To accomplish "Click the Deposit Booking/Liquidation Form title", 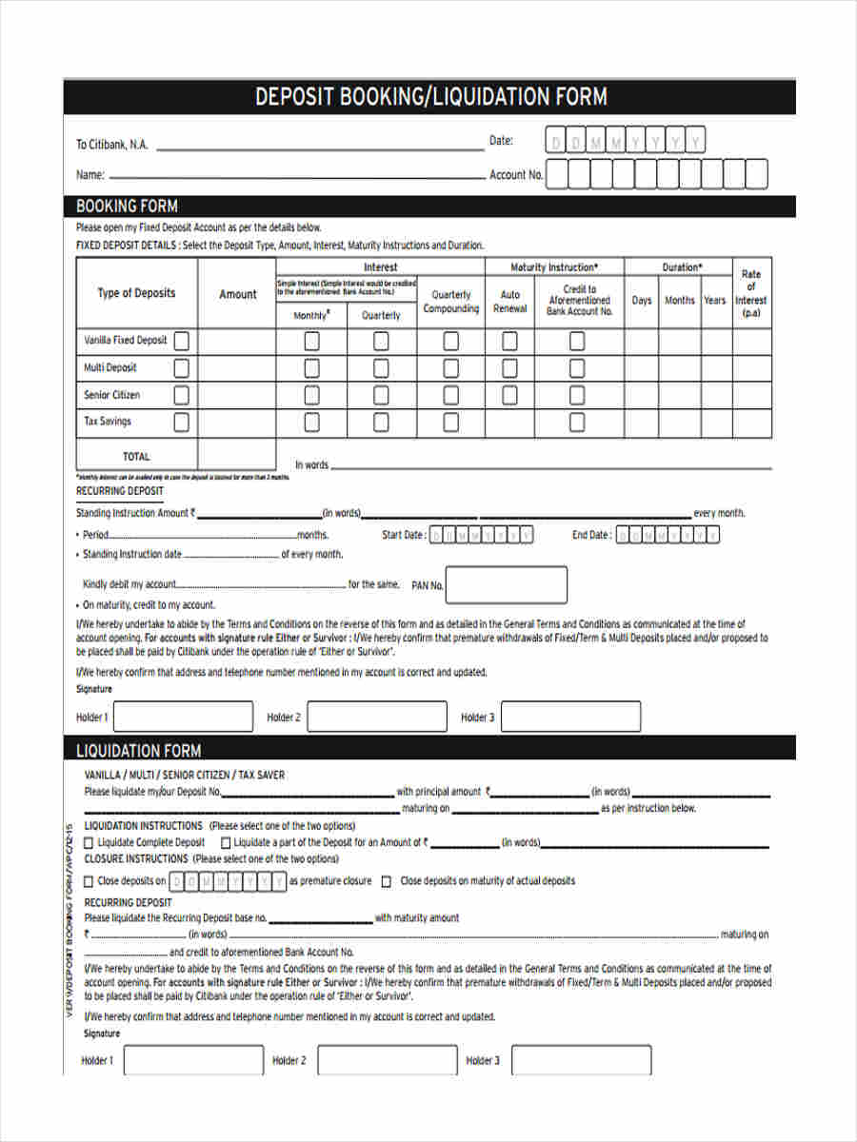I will (x=430, y=97).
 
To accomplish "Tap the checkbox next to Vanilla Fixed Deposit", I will (x=181, y=341).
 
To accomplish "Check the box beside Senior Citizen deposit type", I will (x=181, y=395).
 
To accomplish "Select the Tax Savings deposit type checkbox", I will (x=181, y=422).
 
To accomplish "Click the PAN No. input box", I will (x=506, y=585).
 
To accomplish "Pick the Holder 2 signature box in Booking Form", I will (x=377, y=717).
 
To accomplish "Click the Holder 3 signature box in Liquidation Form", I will (x=581, y=1060).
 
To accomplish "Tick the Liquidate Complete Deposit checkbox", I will (x=90, y=842).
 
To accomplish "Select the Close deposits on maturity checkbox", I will (x=387, y=881).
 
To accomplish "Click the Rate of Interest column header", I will (x=751, y=293).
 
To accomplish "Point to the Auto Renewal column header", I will (x=509, y=302).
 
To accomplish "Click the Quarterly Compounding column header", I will (x=450, y=302).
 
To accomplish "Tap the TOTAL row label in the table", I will (x=136, y=456).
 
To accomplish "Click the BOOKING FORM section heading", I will (x=127, y=207).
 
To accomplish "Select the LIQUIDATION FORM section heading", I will (x=138, y=750).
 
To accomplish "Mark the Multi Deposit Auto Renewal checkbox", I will (x=509, y=368).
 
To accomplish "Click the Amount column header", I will (x=237, y=294).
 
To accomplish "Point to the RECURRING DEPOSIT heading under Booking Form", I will (x=119, y=491).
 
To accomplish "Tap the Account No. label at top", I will (x=515, y=175).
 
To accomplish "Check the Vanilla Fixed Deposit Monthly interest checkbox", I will (x=311, y=341).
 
